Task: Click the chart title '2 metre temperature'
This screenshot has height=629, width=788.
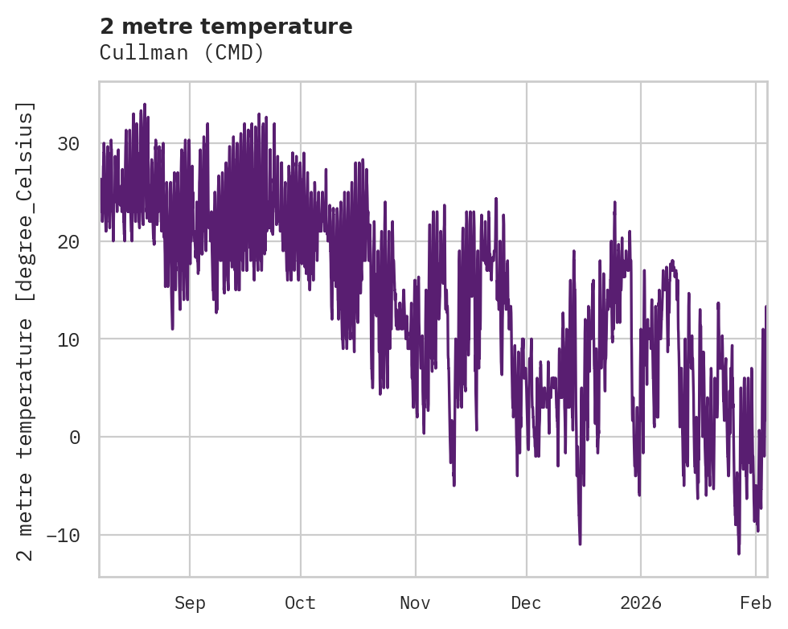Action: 226,27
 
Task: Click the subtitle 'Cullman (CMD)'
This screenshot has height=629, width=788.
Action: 182,52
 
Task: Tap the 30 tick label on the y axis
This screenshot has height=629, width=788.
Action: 68,145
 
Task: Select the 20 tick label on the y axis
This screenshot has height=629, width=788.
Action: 68,242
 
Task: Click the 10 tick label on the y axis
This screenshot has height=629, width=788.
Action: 68,339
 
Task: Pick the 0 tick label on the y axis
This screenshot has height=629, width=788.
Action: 75,438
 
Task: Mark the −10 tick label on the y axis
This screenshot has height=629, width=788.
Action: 64,535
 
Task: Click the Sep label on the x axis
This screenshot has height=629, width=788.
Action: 190,603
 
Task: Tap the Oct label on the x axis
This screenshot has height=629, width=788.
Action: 301,603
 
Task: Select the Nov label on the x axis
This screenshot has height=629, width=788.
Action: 416,603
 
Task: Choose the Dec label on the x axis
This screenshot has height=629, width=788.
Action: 527,603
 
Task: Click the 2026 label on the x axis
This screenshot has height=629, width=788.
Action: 641,603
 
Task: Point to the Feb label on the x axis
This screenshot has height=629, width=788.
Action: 756,603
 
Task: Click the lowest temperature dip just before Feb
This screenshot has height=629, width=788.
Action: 739,553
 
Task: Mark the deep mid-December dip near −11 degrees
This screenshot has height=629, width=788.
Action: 580,544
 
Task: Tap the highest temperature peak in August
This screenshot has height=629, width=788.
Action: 145,105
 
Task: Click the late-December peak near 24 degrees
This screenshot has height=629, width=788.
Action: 614,203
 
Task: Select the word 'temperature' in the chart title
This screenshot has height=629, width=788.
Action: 292,27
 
